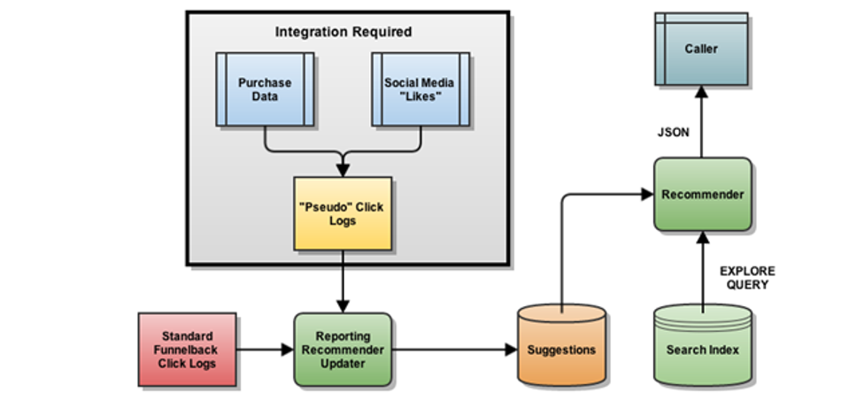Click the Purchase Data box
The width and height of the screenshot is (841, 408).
[x=265, y=89]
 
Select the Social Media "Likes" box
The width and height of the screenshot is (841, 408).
[x=420, y=89]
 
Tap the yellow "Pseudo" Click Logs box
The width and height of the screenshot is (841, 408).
[x=343, y=213]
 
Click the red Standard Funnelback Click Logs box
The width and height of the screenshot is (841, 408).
[x=188, y=350]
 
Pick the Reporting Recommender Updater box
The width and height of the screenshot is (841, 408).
[x=343, y=350]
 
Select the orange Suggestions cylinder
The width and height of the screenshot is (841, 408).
[x=561, y=350]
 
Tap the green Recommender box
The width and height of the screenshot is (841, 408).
[x=703, y=195]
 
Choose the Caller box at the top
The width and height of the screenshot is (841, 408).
[x=702, y=50]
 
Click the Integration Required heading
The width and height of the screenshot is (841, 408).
[x=343, y=32]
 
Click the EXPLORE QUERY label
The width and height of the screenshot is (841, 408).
[x=746, y=278]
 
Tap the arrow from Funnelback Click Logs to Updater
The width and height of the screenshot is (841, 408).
[x=265, y=350]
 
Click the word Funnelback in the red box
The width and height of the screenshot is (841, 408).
[x=188, y=350]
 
